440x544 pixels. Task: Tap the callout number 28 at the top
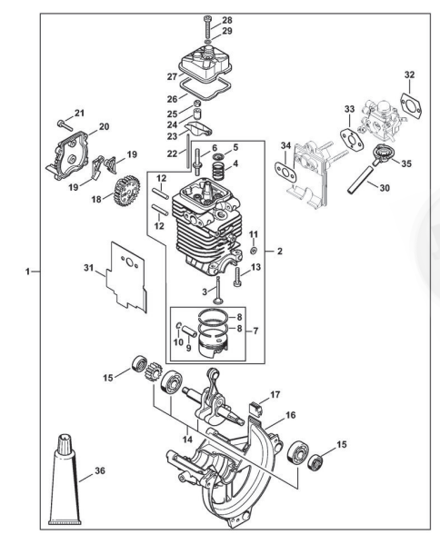coord(227,20)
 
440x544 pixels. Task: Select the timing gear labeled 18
coord(126,190)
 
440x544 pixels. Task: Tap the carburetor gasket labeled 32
coord(412,104)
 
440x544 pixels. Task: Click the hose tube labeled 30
coord(362,180)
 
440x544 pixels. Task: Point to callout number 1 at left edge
coord(27,272)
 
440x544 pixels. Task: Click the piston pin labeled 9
coord(190,331)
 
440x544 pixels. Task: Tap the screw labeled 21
coord(65,124)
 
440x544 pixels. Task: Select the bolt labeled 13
coord(237,277)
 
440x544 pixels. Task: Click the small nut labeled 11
coord(254,251)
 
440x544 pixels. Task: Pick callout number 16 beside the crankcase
coord(291,415)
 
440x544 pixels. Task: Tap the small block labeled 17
coord(255,409)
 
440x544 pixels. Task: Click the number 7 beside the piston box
coord(256,331)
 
